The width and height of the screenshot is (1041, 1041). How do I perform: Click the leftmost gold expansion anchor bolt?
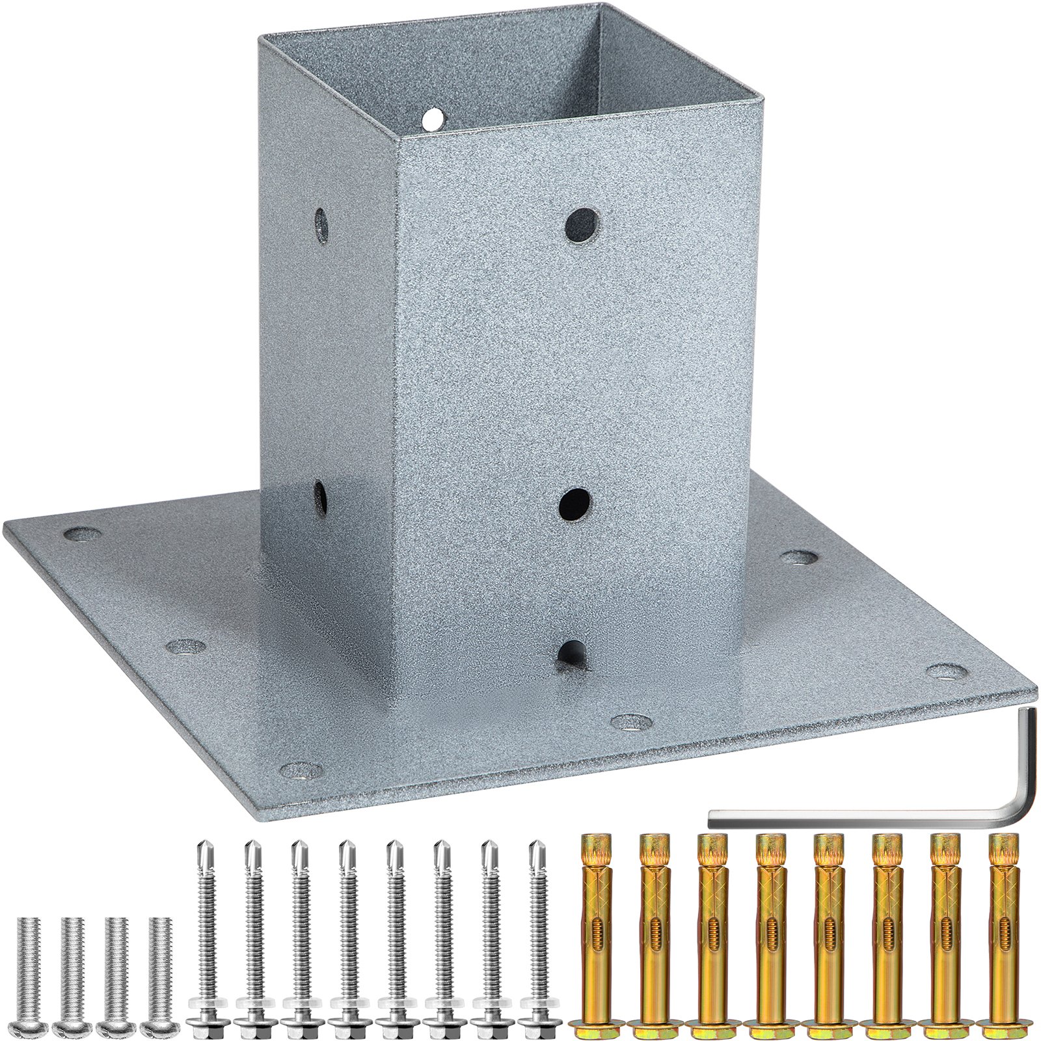point(594,930)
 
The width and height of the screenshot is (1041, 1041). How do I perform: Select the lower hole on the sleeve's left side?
point(321,497)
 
